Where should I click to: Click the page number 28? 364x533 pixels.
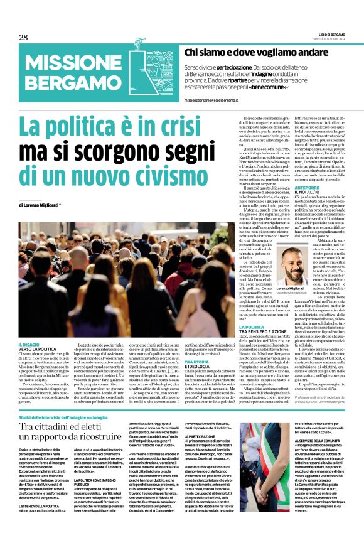[23, 37]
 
